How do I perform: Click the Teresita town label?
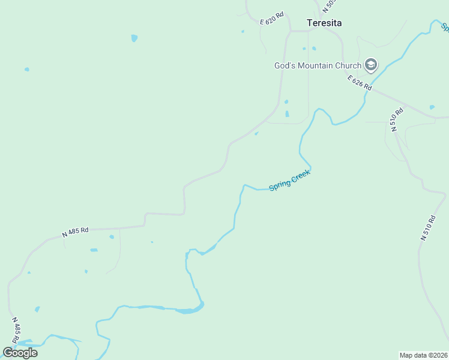tap(324, 23)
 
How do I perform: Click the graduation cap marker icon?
tap(371, 65)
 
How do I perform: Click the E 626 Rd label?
tap(359, 83)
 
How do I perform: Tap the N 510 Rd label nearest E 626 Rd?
tap(393, 121)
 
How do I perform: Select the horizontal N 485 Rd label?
tap(76, 231)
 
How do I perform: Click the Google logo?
tap(20, 353)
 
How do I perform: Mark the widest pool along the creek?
tap(190, 310)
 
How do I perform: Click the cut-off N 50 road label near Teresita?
tap(328, 6)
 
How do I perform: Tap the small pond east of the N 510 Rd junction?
tap(432, 107)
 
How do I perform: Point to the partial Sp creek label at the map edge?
tap(445, 27)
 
